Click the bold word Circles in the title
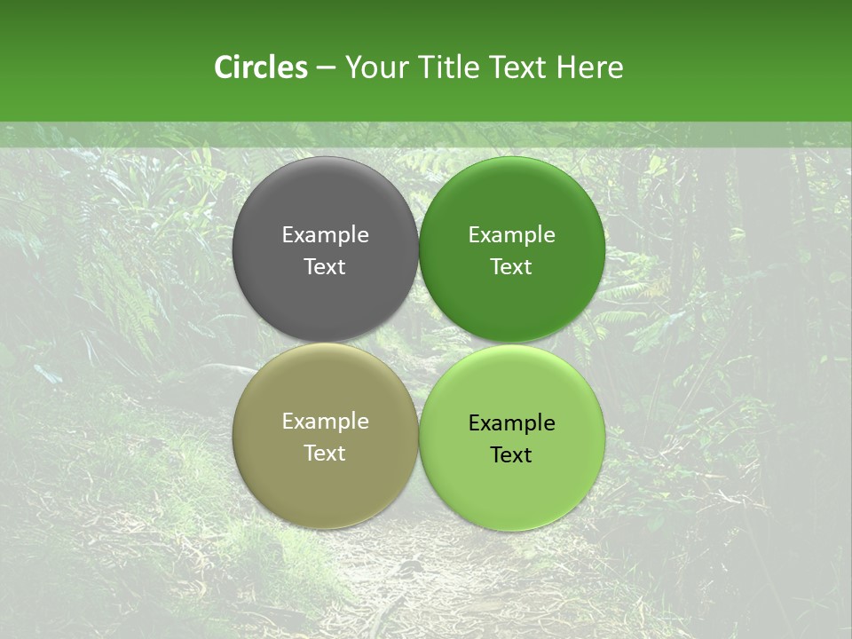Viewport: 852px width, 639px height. coord(261,67)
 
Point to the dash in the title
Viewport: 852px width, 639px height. coord(326,68)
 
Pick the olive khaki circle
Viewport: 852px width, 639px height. coord(325,479)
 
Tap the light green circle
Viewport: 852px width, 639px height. coord(512,484)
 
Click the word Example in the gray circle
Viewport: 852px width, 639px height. coord(325,235)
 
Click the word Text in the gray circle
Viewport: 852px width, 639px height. coord(325,267)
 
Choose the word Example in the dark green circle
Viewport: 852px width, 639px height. coord(512,235)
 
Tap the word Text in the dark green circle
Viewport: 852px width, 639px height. coord(512,267)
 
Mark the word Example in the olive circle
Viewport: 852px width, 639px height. coord(325,422)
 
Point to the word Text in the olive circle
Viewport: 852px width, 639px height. coord(325,454)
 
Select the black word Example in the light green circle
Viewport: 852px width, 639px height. coord(512,423)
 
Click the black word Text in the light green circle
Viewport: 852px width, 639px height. coord(512,455)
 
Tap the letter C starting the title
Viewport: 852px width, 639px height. coord(224,67)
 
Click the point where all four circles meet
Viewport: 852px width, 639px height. coord(419,343)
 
